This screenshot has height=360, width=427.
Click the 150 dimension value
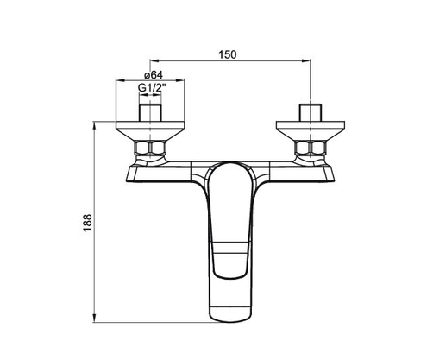click(x=228, y=54)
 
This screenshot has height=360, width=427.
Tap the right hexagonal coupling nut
click(x=308, y=152)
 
